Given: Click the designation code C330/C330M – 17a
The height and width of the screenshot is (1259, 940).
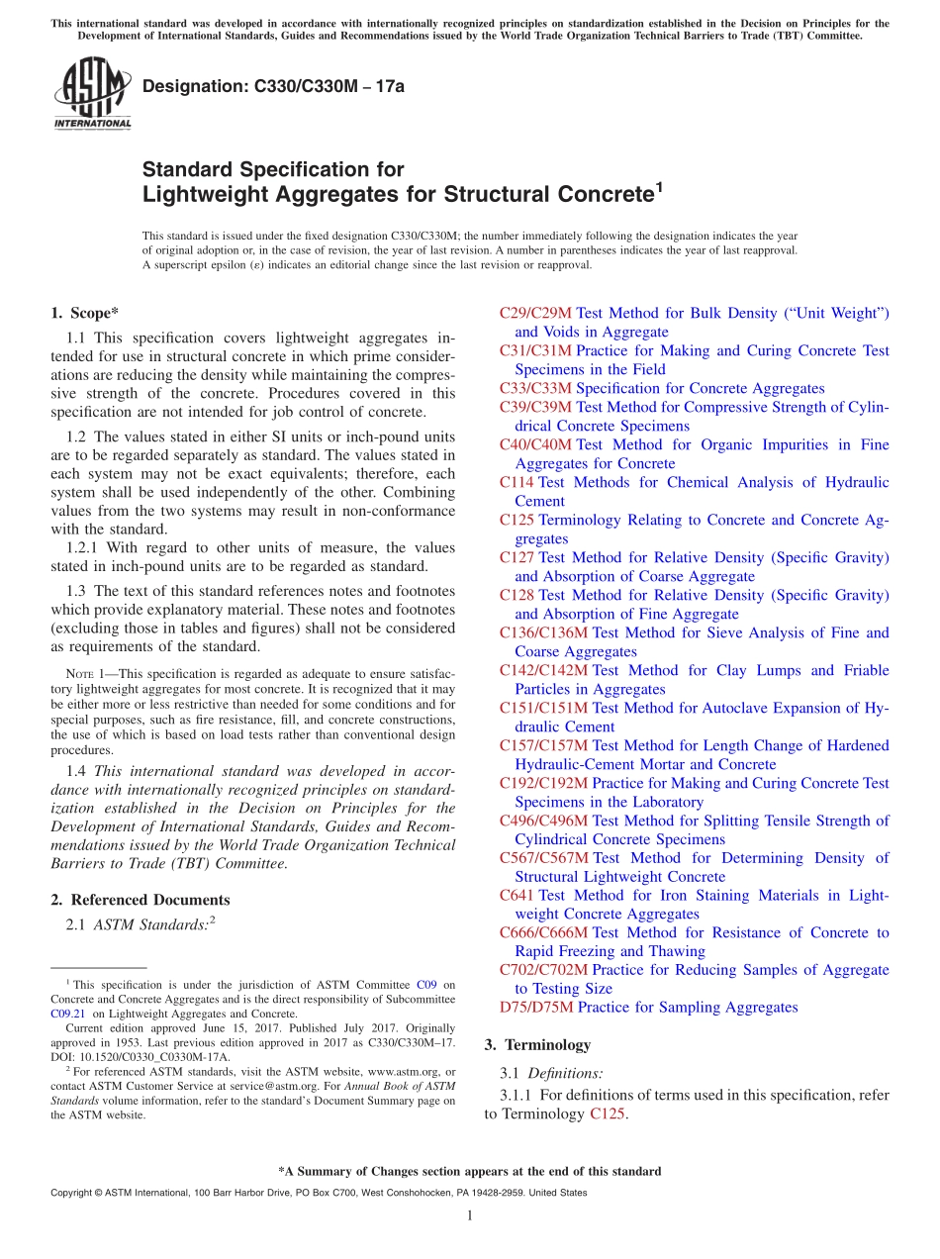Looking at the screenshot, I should click(273, 87).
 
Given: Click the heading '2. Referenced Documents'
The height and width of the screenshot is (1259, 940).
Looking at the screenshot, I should click(141, 900).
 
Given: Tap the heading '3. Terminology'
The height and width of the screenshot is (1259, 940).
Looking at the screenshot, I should click(537, 1044).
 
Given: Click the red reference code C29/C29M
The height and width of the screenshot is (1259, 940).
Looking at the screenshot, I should click(535, 314).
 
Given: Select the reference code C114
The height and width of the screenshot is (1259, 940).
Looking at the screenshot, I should click(517, 483).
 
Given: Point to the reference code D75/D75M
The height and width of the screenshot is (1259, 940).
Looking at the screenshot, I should click(536, 1008).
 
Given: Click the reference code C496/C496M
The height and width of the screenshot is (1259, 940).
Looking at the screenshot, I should click(543, 821).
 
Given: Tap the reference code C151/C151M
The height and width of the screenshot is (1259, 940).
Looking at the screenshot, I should click(543, 709).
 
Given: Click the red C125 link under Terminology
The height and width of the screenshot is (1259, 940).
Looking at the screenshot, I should click(608, 1114).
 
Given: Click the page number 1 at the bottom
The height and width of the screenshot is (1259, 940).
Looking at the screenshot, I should click(470, 1216).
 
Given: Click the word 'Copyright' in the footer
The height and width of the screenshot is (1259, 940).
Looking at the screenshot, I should click(72, 1193).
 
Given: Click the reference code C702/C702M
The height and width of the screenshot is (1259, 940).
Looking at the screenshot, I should click(543, 970).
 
